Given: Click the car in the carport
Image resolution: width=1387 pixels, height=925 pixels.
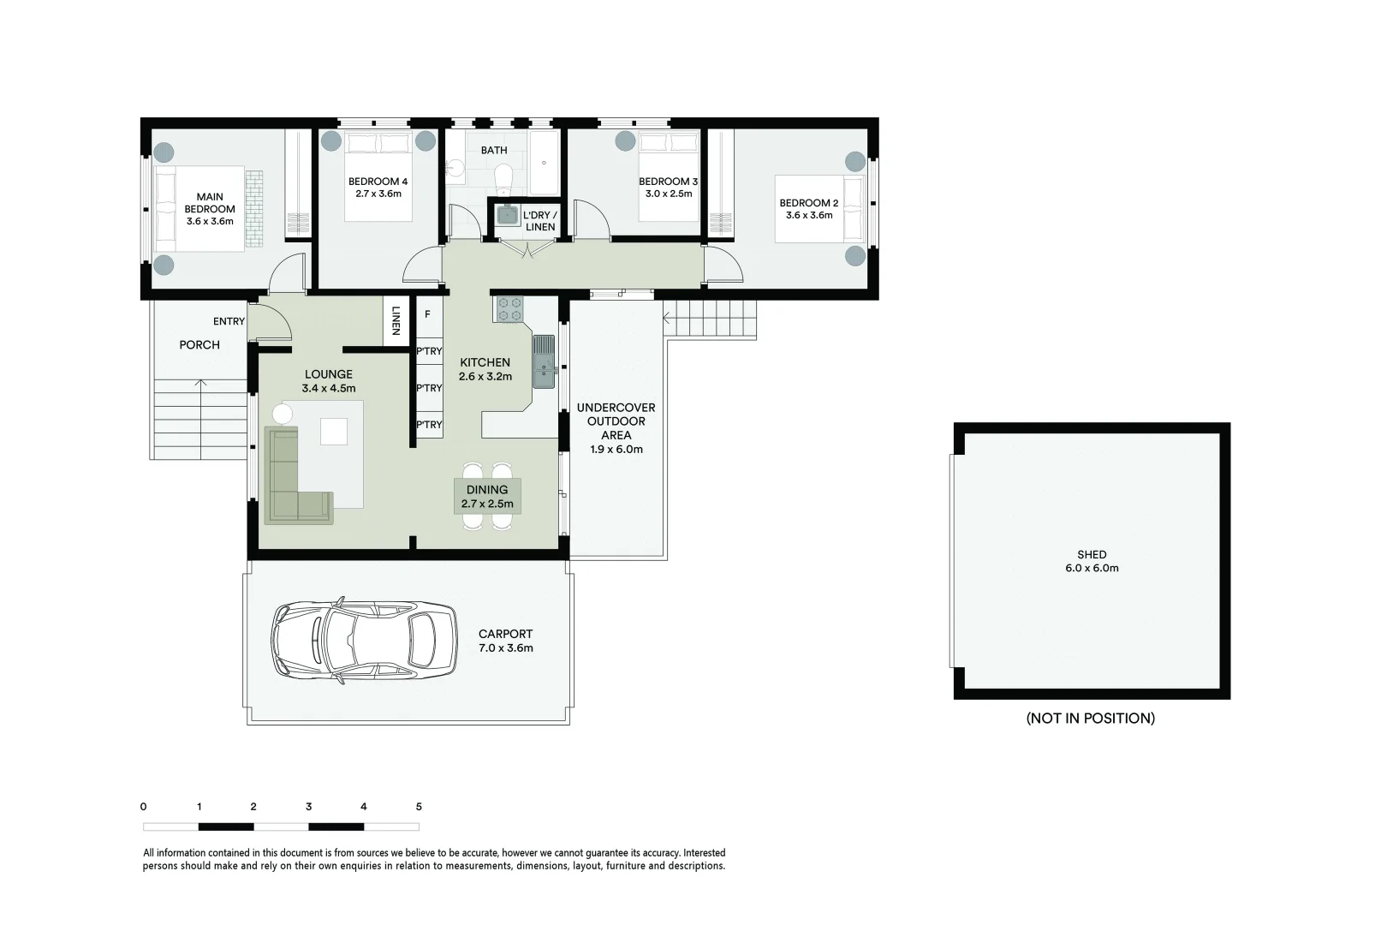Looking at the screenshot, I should [364, 641].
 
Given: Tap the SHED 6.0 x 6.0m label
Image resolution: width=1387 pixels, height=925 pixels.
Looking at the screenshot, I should [1092, 561].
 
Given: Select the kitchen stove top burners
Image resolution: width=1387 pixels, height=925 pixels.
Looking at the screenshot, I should [510, 308].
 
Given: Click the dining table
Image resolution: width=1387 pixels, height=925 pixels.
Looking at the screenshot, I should [487, 497].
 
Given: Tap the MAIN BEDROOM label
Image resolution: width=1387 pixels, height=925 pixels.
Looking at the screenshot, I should [210, 208].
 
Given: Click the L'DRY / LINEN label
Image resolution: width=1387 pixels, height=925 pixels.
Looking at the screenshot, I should [540, 221].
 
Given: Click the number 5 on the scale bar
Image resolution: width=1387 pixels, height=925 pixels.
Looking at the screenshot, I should [419, 807].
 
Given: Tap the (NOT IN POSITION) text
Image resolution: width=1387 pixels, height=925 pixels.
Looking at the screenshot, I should [1090, 718].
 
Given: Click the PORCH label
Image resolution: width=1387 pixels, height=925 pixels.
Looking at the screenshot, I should [199, 344].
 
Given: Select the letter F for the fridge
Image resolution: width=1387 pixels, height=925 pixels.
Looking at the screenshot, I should [427, 314].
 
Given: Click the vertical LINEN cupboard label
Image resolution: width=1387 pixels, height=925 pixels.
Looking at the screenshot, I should [396, 321].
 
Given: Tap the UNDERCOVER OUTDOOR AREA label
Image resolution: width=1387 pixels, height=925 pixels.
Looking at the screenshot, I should [616, 427].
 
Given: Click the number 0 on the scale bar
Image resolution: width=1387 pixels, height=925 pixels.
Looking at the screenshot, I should [143, 807].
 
